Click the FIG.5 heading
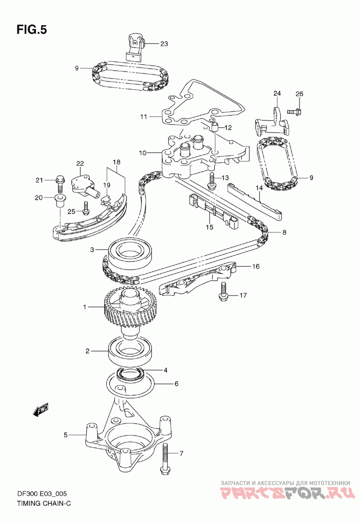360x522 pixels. (32, 30)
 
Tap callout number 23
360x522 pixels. (164, 44)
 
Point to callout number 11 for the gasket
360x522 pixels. (144, 117)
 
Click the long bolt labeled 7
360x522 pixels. (165, 459)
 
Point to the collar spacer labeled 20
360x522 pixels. (59, 202)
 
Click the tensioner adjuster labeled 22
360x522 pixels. (85, 185)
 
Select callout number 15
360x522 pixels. (209, 227)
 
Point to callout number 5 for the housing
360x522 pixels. (66, 435)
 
